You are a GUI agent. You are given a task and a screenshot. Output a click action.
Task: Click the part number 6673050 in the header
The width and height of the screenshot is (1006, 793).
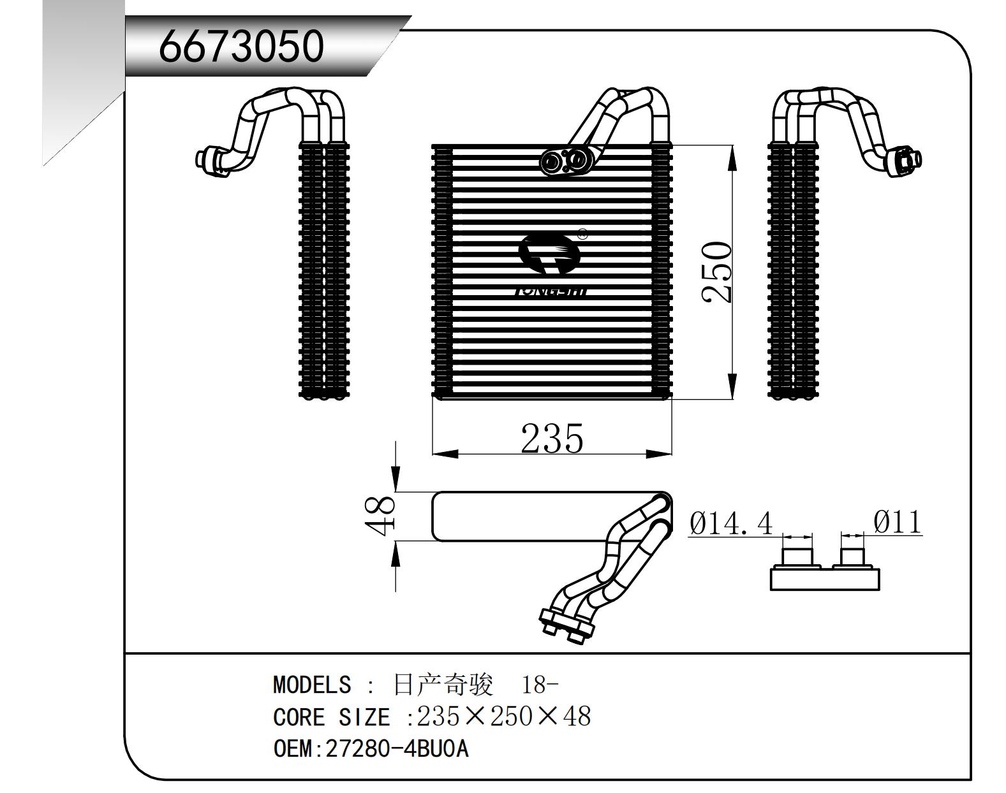pos(241,47)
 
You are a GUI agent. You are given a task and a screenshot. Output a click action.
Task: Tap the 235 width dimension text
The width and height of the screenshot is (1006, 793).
pos(552,439)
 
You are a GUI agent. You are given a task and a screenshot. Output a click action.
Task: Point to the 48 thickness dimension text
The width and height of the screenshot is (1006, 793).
pos(380,516)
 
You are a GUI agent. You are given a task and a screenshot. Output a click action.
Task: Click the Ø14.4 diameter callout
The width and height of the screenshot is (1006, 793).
pos(731,524)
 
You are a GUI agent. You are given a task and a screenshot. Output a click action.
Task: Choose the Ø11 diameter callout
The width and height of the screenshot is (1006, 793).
pos(898,522)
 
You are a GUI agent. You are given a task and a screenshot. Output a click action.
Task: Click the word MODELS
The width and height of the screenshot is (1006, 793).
pos(311,685)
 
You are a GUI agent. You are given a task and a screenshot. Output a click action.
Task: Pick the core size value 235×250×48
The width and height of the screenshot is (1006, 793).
pos(504,717)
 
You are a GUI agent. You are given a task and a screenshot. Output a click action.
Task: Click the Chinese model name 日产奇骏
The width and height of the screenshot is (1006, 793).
pos(443,685)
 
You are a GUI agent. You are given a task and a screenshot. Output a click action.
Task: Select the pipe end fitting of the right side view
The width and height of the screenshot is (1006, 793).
pos(906,157)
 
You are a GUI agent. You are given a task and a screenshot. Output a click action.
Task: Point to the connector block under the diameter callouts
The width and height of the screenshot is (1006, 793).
pos(825,578)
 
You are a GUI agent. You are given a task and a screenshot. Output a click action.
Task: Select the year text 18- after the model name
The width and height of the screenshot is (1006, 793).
pos(540,685)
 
